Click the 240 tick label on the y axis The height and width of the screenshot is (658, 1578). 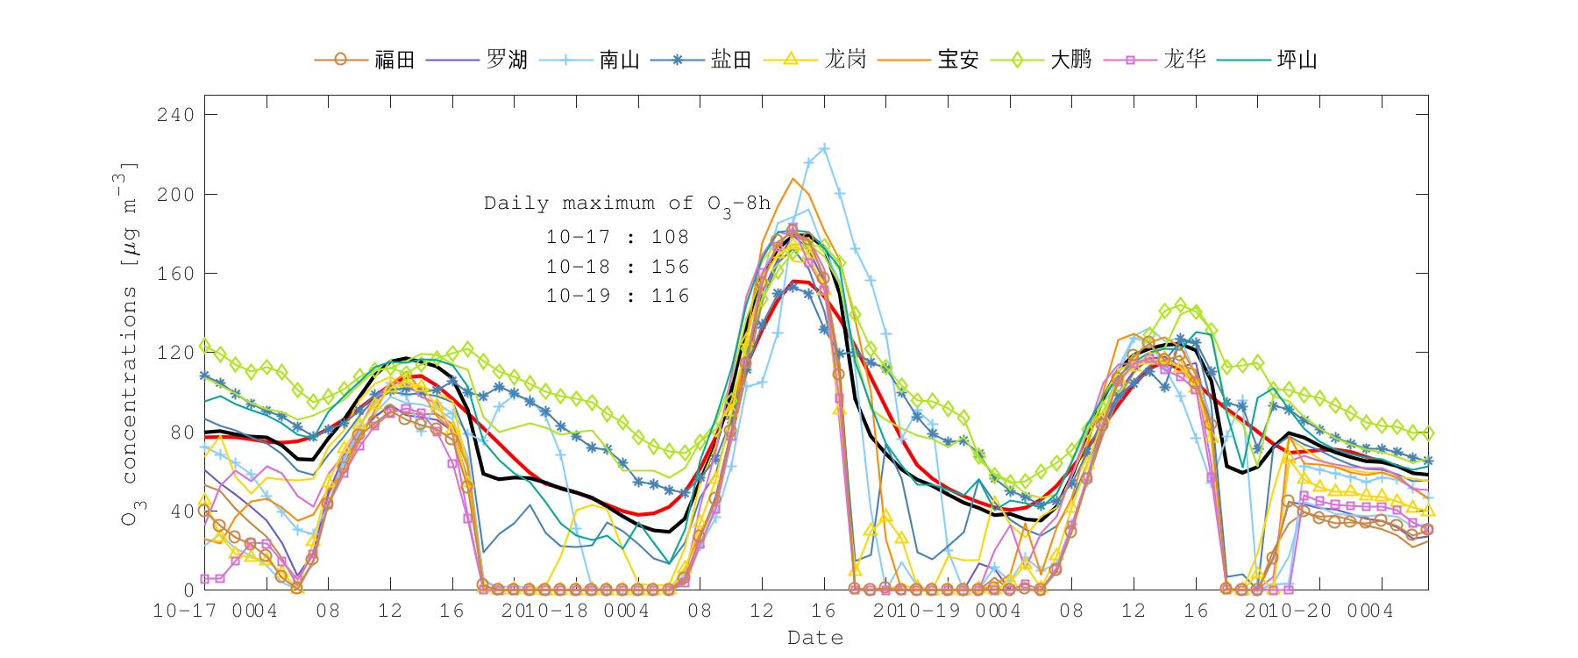(175, 115)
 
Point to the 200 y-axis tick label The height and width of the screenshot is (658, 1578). (175, 194)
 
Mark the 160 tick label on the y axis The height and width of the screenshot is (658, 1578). (175, 274)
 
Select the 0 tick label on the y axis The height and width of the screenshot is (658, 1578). (188, 590)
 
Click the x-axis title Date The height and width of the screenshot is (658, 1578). (815, 638)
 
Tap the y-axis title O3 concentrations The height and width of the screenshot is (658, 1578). (129, 342)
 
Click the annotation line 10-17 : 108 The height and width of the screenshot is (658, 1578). (617, 237)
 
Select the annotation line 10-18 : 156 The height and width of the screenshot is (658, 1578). (617, 267)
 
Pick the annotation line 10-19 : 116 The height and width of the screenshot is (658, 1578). (617, 296)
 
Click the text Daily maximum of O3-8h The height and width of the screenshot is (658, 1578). (627, 204)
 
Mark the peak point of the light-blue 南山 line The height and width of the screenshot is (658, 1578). (824, 149)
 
